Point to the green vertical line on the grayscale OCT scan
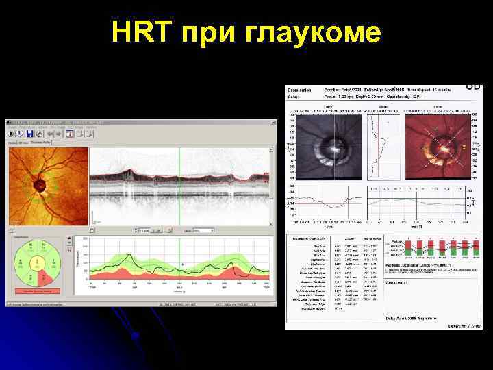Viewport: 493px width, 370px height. click(x=179, y=185)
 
